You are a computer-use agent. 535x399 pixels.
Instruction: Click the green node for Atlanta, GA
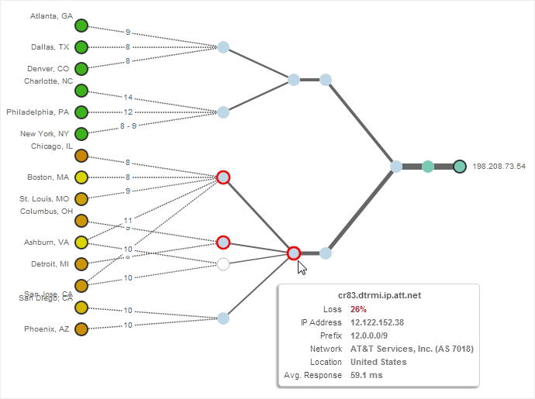click(x=81, y=26)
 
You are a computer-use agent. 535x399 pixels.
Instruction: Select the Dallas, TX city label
click(x=50, y=46)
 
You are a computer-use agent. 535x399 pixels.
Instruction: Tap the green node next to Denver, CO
click(x=81, y=69)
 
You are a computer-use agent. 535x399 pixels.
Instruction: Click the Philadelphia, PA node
click(x=81, y=112)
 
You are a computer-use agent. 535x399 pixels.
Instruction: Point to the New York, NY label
click(x=44, y=133)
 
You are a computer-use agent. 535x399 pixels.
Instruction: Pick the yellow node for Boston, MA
click(x=81, y=177)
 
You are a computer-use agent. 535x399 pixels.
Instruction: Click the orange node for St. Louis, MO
click(x=81, y=199)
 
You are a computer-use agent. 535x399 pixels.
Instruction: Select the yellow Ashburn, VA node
click(x=81, y=242)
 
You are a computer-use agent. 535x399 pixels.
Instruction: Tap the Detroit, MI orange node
click(x=81, y=264)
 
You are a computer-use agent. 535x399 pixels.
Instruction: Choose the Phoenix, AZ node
click(x=81, y=329)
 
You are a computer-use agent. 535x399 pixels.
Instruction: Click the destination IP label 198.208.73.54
click(x=499, y=167)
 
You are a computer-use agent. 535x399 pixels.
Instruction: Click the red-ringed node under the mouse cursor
click(x=294, y=253)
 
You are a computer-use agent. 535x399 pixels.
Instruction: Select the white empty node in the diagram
click(x=223, y=264)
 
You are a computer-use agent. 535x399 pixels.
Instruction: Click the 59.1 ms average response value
click(x=367, y=375)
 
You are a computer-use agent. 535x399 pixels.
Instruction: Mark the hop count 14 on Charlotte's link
click(x=128, y=98)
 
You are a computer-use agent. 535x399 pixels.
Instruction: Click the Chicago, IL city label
click(x=52, y=146)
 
